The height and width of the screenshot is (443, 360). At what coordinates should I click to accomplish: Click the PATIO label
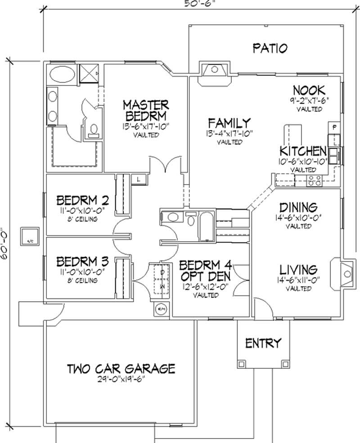(x=270, y=49)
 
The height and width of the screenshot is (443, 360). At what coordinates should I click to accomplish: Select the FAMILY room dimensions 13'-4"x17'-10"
(x=229, y=134)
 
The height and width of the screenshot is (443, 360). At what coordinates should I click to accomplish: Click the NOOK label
(x=309, y=90)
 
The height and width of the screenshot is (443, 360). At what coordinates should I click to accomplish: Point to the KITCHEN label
(x=303, y=151)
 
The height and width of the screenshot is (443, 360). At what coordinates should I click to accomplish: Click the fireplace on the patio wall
(x=215, y=72)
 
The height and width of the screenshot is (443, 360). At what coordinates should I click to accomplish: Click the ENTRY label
(x=263, y=344)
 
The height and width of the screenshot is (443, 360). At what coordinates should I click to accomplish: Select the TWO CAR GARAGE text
(x=121, y=369)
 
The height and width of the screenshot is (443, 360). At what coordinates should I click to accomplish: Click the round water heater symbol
(x=161, y=309)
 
